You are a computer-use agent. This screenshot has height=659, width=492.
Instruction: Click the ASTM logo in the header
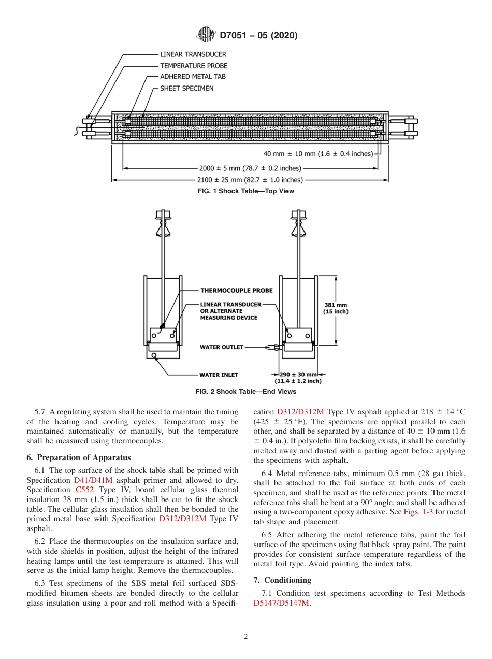point(206,35)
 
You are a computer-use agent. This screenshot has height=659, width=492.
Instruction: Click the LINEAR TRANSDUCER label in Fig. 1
point(193,54)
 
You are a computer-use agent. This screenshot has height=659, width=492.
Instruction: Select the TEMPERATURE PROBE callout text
point(193,66)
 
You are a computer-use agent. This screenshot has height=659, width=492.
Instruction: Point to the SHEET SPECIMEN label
point(186,88)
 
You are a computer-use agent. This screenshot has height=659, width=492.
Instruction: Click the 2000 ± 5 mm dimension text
point(250,168)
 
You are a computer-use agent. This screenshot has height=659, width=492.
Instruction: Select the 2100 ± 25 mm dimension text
point(250,180)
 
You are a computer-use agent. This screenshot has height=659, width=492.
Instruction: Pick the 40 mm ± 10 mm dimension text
point(318,154)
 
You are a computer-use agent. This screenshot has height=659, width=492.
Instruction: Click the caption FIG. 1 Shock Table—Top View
point(246,191)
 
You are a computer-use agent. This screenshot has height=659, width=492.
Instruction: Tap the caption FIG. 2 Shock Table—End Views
point(246,391)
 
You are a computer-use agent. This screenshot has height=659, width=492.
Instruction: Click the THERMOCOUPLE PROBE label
point(236,291)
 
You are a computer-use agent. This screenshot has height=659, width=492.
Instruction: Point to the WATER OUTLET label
point(221,347)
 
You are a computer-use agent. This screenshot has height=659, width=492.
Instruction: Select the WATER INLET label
point(219,375)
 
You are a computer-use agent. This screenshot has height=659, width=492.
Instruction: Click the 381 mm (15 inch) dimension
point(336,308)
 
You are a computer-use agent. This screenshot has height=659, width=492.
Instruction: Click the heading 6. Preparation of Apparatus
point(79,457)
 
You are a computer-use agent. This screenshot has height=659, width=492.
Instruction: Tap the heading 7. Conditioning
point(282,580)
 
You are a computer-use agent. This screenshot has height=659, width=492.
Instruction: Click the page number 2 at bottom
point(246,637)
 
